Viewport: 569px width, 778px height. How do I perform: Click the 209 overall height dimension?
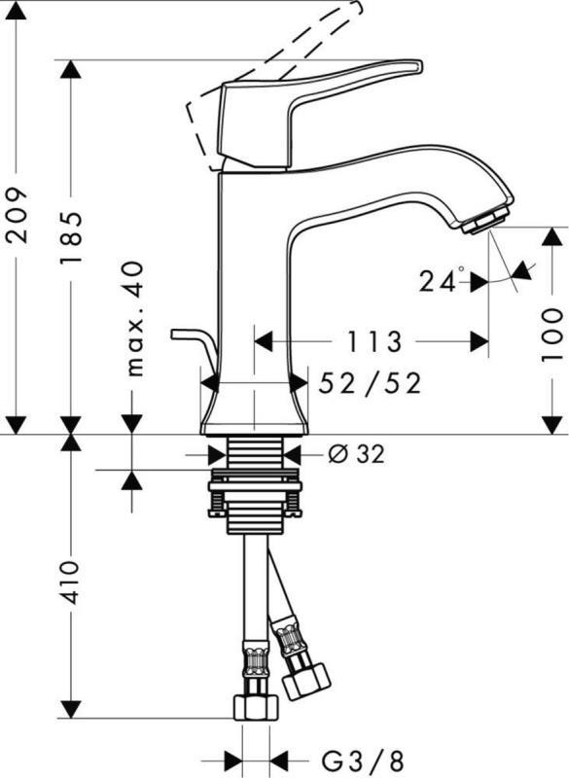point(17,214)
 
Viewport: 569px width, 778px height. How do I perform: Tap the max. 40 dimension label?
point(134,319)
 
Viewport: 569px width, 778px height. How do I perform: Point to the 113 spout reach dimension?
point(373,341)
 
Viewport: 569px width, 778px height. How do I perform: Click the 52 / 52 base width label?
point(370,383)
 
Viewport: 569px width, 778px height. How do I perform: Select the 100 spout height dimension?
point(551,335)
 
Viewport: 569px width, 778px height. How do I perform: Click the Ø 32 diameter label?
point(356,453)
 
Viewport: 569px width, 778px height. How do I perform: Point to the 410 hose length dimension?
point(70,582)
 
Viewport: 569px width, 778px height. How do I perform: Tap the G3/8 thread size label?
point(362,761)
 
